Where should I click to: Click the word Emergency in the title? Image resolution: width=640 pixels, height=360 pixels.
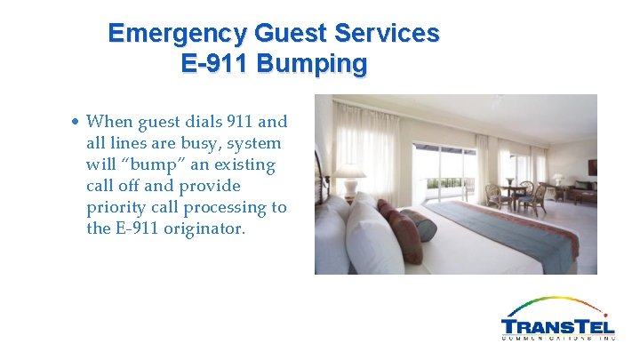[x=177, y=34]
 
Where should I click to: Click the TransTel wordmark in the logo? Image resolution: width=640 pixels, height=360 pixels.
[x=557, y=326]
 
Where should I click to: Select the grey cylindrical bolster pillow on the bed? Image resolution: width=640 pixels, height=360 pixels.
[x=420, y=224]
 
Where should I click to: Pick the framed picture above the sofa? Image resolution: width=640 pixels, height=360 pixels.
[x=591, y=166]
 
